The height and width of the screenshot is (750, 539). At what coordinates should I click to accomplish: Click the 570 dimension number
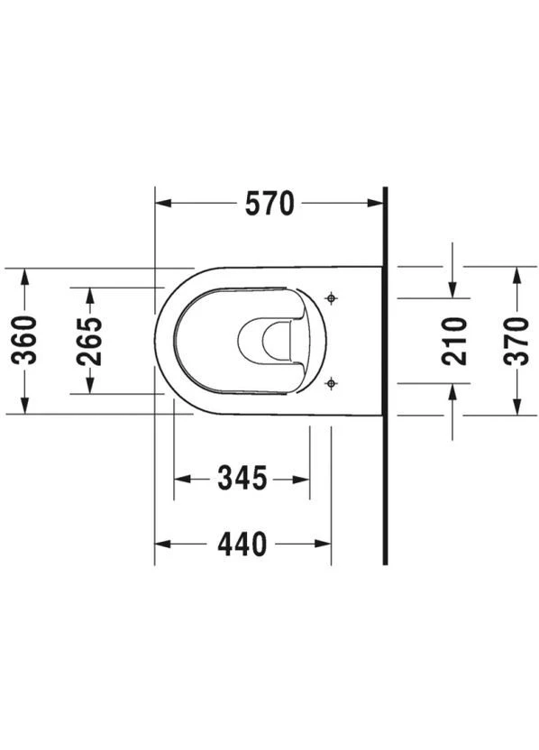(269, 204)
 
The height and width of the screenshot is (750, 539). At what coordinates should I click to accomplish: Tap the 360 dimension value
(24, 341)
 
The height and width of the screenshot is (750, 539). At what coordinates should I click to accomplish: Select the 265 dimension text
(89, 341)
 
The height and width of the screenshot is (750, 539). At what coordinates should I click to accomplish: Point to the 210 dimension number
(454, 341)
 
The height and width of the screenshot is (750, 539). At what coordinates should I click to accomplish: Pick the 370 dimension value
(516, 341)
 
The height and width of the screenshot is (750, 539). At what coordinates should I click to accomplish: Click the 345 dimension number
(242, 479)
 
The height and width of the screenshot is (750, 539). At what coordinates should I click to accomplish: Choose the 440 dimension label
(242, 544)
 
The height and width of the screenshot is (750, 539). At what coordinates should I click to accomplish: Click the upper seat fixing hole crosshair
(331, 299)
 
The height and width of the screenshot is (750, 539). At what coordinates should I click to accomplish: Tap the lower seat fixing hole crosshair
(331, 383)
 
